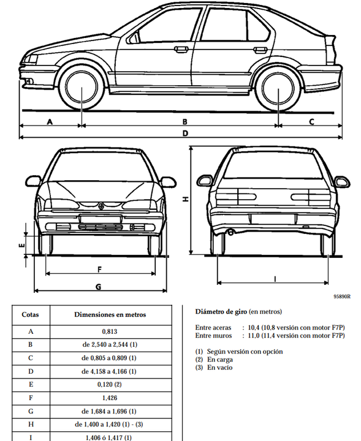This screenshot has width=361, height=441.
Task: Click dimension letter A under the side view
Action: (x=50, y=122)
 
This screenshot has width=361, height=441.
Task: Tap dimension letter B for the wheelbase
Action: (x=185, y=122)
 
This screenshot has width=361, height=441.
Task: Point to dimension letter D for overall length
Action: (x=185, y=134)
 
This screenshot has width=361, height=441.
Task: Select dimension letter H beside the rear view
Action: (x=186, y=199)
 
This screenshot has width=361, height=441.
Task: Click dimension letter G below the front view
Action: (x=99, y=287)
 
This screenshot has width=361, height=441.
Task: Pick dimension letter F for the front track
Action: (x=99, y=269)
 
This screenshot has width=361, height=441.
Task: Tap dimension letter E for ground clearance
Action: (x=21, y=246)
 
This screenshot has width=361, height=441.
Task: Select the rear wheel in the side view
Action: (x=278, y=88)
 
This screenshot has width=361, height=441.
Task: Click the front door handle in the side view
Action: (x=181, y=50)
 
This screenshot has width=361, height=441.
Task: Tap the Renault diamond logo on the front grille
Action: (x=101, y=206)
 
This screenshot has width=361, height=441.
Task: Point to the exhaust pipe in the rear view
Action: (x=230, y=232)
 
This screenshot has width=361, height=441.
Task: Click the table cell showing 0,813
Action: (x=110, y=331)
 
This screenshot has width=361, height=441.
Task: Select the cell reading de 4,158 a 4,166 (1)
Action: (x=109, y=372)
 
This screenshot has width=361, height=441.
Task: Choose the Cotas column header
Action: (x=30, y=314)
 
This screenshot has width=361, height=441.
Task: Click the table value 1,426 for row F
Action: (x=110, y=398)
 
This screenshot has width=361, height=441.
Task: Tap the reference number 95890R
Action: (x=342, y=296)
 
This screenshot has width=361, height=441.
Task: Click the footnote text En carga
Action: (x=220, y=360)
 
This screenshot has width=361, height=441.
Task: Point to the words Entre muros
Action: (x=213, y=336)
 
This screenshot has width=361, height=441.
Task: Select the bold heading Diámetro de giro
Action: (x=221, y=312)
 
